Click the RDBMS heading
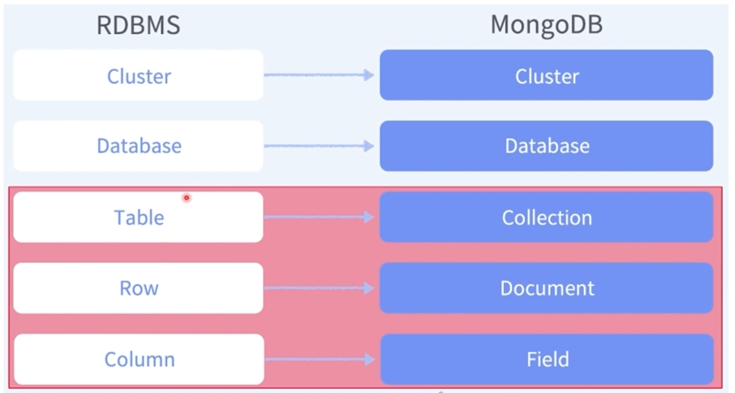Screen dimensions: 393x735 click(x=138, y=26)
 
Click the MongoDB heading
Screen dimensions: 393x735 click(x=546, y=26)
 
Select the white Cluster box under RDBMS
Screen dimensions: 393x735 click(x=138, y=75)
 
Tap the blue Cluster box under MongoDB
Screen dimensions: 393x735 click(x=546, y=75)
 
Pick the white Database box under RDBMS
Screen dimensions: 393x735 click(x=138, y=146)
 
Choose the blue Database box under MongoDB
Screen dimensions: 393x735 click(x=546, y=146)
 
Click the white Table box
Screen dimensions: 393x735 click(x=138, y=217)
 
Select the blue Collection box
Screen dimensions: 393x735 click(x=546, y=217)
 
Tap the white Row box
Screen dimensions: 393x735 click(x=138, y=288)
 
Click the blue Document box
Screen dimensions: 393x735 click(x=546, y=288)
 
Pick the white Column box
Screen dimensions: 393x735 click(x=138, y=359)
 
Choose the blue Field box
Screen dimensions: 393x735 click(x=546, y=359)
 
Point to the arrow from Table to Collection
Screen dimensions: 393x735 click(x=319, y=217)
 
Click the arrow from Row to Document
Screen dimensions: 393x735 click(x=319, y=288)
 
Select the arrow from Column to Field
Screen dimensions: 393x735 click(x=319, y=359)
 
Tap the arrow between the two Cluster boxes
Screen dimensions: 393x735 click(x=319, y=75)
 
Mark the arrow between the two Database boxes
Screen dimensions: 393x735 click(x=319, y=146)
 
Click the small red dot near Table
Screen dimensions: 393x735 click(x=187, y=198)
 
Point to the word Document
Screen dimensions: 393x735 click(x=547, y=288)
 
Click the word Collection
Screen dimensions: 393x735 click(x=547, y=218)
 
